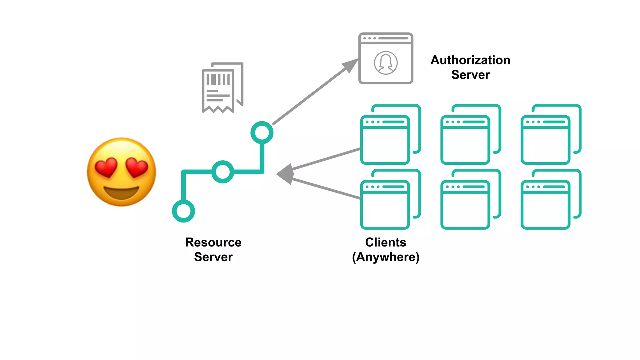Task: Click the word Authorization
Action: pyautogui.click(x=470, y=60)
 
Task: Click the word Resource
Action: pyautogui.click(x=213, y=242)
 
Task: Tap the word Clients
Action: pyautogui.click(x=386, y=242)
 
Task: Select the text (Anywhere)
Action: pyautogui.click(x=386, y=257)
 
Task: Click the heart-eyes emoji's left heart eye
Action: pyautogui.click(x=106, y=167)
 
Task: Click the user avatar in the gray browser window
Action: pyautogui.click(x=386, y=63)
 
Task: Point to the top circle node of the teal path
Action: pyautogui.click(x=262, y=132)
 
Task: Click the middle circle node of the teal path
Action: pyautogui.click(x=222, y=172)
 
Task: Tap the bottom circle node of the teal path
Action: pyautogui.click(x=183, y=211)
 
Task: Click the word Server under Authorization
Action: pyautogui.click(x=470, y=75)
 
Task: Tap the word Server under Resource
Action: pyautogui.click(x=213, y=257)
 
